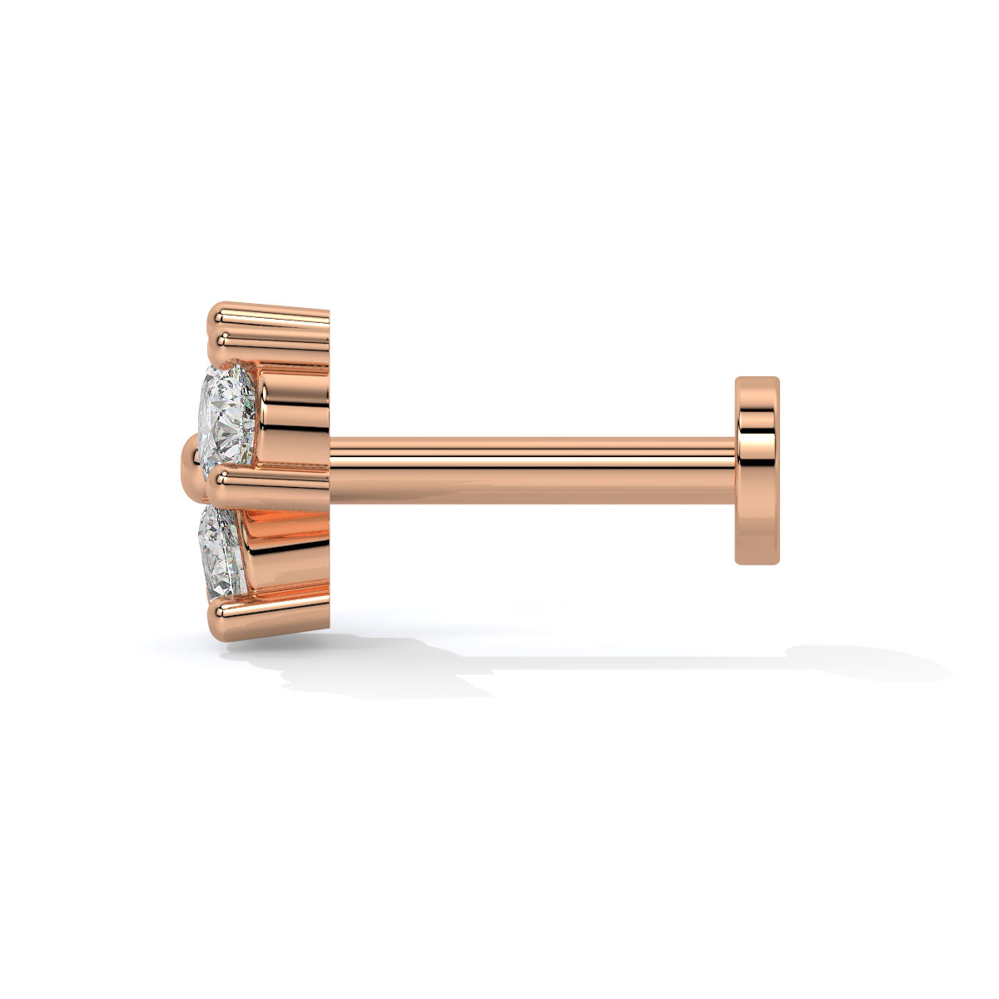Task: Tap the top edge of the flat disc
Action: click(x=758, y=379)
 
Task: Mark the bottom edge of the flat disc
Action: click(x=758, y=563)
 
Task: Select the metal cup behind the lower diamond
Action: click(x=283, y=549)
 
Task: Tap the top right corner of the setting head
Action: click(x=328, y=310)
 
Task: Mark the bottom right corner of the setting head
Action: click(x=328, y=624)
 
